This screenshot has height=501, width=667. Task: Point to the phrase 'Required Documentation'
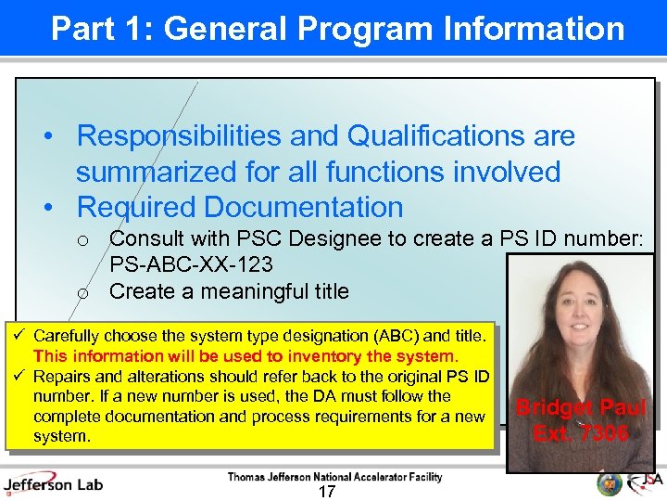click(x=240, y=207)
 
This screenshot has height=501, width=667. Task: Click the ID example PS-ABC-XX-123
click(x=191, y=265)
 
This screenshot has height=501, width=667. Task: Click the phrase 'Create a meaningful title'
click(x=229, y=291)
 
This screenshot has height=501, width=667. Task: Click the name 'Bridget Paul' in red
click(x=581, y=408)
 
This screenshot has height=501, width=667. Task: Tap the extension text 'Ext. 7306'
click(x=581, y=433)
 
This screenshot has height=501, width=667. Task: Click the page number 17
click(x=326, y=492)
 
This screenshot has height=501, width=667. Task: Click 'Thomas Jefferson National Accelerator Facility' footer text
click(x=334, y=477)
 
